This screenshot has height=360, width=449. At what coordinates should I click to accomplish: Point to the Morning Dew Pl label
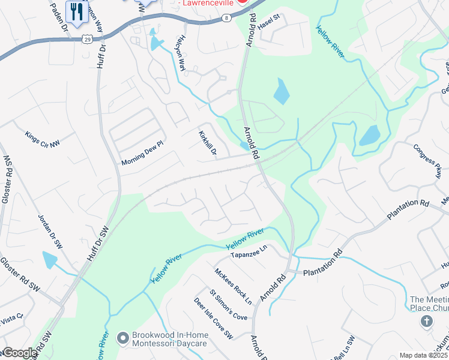pyautogui.click(x=142, y=154)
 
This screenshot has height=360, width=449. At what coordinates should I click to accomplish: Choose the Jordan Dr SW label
pyautogui.click(x=50, y=232)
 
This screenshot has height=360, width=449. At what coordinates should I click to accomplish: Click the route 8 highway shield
pyautogui.click(x=226, y=19)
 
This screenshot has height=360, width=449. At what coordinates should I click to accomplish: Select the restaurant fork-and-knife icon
pyautogui.click(x=77, y=11)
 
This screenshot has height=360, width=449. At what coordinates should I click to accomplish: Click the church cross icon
pyautogui.click(x=427, y=322)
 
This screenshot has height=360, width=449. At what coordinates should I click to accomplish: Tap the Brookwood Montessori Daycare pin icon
pyautogui.click(x=124, y=339)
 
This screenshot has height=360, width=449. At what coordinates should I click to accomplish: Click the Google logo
pyautogui.click(x=20, y=353)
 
